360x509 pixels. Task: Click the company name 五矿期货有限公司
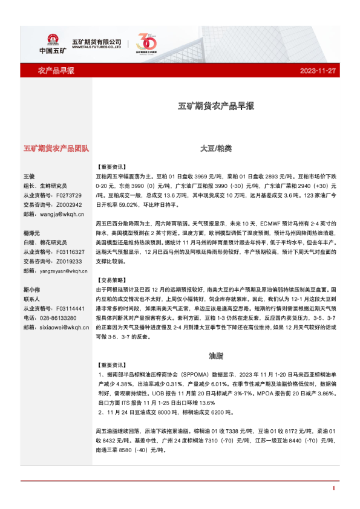(x=97, y=41)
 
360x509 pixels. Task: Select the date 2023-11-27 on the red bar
(x=317, y=71)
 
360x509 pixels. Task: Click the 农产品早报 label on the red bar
(x=56, y=71)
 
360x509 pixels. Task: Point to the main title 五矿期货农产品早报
(x=215, y=105)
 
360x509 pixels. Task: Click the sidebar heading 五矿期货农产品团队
(x=56, y=148)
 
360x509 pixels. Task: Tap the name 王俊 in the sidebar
(x=30, y=175)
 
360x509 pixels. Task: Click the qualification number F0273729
(x=68, y=196)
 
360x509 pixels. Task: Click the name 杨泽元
(x=32, y=233)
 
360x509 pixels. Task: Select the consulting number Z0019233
(x=68, y=261)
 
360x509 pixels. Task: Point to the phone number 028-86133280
(x=59, y=317)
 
